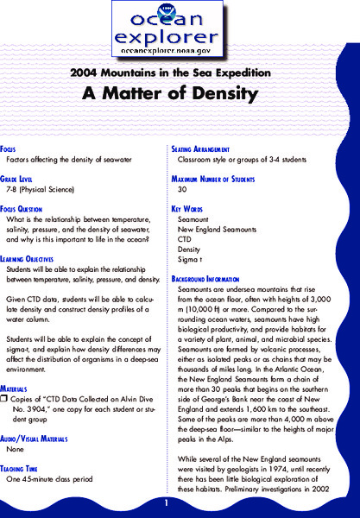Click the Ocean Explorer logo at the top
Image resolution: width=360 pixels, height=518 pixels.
pyautogui.click(x=180, y=29)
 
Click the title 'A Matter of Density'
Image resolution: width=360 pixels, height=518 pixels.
pyautogui.click(x=180, y=93)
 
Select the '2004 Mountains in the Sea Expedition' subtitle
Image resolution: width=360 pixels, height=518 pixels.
pyautogui.click(x=180, y=73)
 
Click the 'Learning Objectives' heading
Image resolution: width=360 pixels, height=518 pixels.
pyautogui.click(x=36, y=257)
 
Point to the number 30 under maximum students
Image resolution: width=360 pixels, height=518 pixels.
pyautogui.click(x=182, y=188)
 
